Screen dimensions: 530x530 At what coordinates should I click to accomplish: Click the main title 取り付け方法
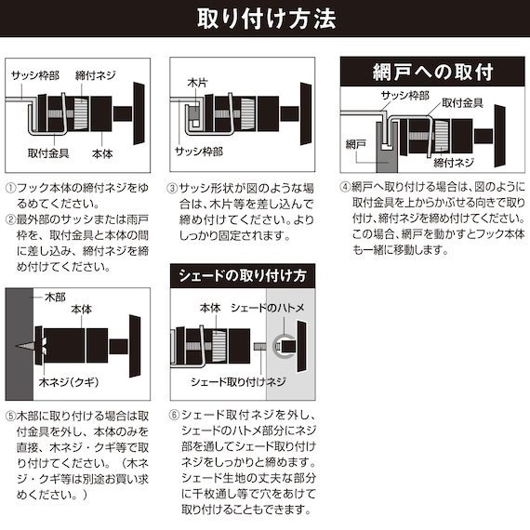click(266, 19)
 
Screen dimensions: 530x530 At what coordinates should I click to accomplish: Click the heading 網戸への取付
click(432, 72)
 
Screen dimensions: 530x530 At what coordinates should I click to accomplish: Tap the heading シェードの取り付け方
click(243, 276)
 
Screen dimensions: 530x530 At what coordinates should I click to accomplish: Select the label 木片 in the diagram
click(198, 83)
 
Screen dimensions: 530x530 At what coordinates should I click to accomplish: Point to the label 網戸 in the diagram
click(355, 145)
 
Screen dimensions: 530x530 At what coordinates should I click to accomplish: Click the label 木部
click(55, 298)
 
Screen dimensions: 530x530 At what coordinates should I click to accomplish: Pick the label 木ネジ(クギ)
click(69, 382)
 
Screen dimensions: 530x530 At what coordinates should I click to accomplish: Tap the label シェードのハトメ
click(268, 308)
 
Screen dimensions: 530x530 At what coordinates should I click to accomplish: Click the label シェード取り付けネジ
click(238, 382)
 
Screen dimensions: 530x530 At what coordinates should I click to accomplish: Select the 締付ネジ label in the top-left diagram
click(96, 75)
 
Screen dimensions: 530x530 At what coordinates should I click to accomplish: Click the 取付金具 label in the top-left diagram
click(48, 153)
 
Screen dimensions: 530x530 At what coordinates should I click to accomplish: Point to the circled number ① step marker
click(11, 188)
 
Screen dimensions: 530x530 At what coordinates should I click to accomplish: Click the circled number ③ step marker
click(172, 188)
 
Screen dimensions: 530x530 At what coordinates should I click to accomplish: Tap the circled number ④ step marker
click(345, 187)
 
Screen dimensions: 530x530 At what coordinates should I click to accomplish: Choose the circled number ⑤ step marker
click(11, 416)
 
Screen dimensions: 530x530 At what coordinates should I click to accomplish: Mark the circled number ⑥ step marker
click(174, 415)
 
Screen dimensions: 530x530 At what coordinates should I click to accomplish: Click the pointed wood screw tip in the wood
click(16, 346)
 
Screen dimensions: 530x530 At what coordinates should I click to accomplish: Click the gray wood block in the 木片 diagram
click(193, 113)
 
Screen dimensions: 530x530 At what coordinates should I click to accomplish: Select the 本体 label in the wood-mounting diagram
click(82, 310)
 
